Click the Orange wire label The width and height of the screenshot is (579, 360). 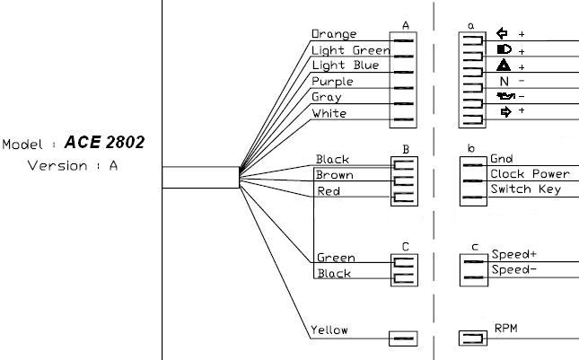(334, 34)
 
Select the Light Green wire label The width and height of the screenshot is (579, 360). (350, 50)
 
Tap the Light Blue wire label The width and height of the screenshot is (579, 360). (345, 66)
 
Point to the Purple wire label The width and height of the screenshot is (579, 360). (333, 82)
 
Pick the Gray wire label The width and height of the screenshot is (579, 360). (326, 97)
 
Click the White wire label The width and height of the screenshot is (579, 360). (329, 113)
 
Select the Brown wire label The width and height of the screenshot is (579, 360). (333, 175)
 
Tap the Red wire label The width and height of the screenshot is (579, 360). (328, 191)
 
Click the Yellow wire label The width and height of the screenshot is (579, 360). (329, 330)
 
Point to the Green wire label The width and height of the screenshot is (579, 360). (335, 258)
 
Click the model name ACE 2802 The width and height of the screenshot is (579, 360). (105, 144)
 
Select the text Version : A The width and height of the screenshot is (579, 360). (73, 165)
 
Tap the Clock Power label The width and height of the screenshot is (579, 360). (530, 173)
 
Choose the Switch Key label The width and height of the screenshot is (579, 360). (526, 189)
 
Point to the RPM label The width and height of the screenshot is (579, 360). (506, 329)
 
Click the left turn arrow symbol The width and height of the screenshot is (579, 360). (503, 34)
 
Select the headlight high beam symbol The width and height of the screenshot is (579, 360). (504, 49)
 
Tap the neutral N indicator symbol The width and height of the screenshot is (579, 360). (504, 82)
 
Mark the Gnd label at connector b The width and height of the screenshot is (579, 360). (501, 159)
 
